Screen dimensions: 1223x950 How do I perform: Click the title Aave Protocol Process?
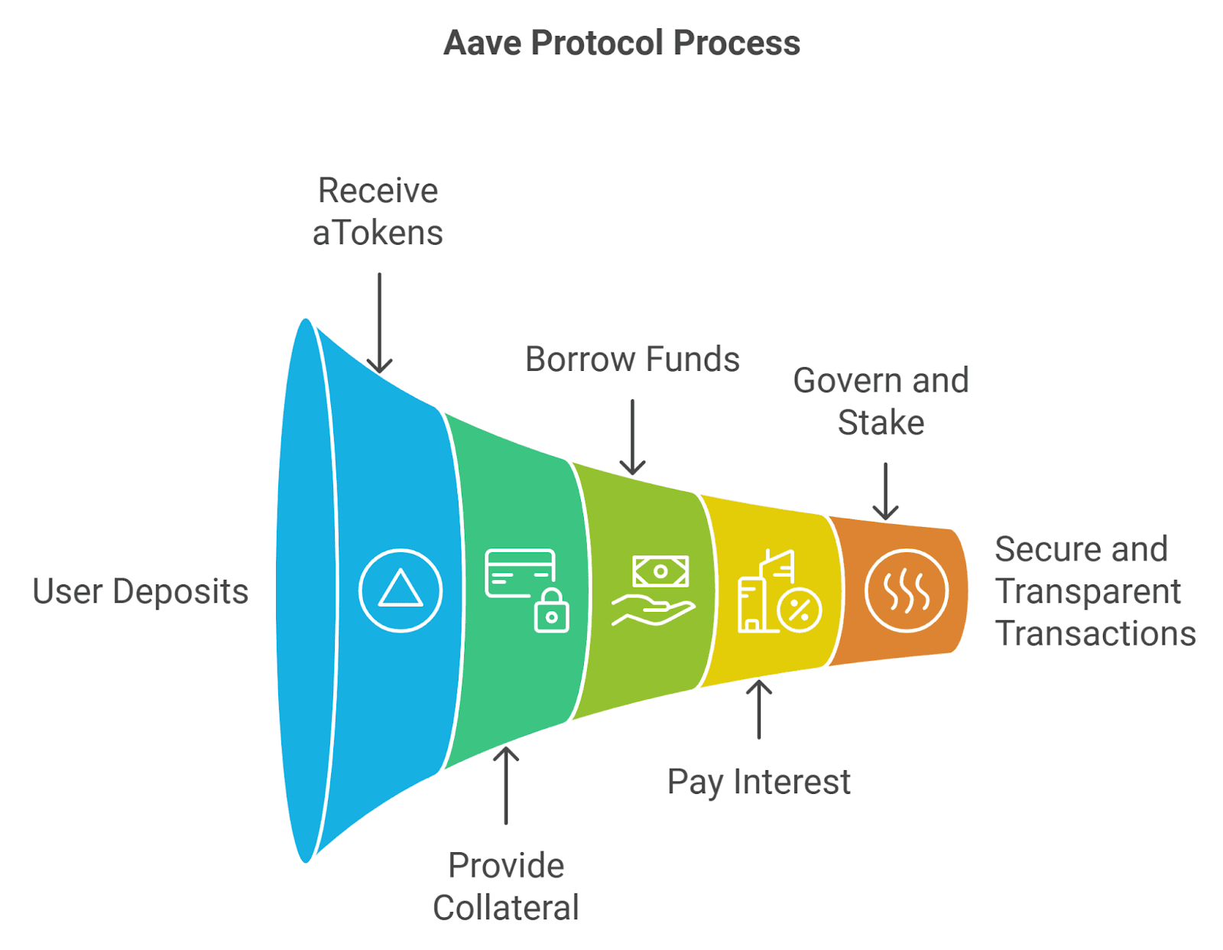(x=621, y=43)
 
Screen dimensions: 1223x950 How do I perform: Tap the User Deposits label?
(x=140, y=591)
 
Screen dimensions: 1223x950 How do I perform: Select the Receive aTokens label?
(x=378, y=211)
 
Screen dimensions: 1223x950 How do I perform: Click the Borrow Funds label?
(x=632, y=359)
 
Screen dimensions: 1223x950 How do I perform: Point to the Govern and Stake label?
(x=881, y=401)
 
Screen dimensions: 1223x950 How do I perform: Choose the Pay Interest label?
(x=759, y=782)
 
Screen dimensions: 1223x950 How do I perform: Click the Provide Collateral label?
(x=505, y=887)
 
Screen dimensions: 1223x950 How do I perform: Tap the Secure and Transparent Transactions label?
(x=1095, y=590)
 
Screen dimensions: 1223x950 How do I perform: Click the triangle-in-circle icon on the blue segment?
(x=401, y=590)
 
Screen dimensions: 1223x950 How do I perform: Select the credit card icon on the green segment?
(x=520, y=572)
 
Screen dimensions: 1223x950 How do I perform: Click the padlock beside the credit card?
(x=551, y=610)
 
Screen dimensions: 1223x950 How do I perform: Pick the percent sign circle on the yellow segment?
(x=800, y=610)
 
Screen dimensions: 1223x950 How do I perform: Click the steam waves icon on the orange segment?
(x=906, y=590)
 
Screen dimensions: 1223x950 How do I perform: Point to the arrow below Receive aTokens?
(x=379, y=323)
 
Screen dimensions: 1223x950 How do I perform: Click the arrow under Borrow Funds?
(x=632, y=437)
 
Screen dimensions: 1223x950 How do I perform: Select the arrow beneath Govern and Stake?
(x=885, y=491)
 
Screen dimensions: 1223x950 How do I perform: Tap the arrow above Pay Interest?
(x=759, y=709)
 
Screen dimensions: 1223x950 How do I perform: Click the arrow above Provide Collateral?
(x=505, y=786)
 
